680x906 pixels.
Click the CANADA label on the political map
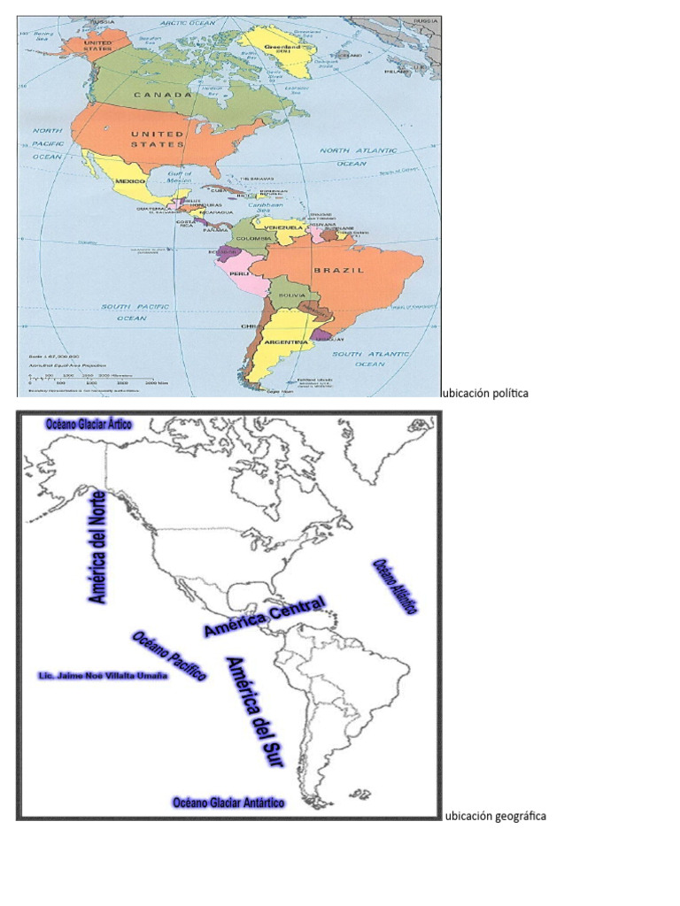[163, 94]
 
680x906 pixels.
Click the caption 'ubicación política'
[485, 393]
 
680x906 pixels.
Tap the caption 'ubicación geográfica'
[495, 816]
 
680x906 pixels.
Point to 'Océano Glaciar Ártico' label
[89, 425]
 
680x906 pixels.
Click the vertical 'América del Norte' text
[98, 547]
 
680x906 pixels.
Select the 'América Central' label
[264, 617]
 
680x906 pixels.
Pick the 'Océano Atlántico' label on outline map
[394, 586]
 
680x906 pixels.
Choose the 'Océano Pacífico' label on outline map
[169, 656]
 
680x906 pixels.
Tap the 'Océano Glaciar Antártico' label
[228, 802]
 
